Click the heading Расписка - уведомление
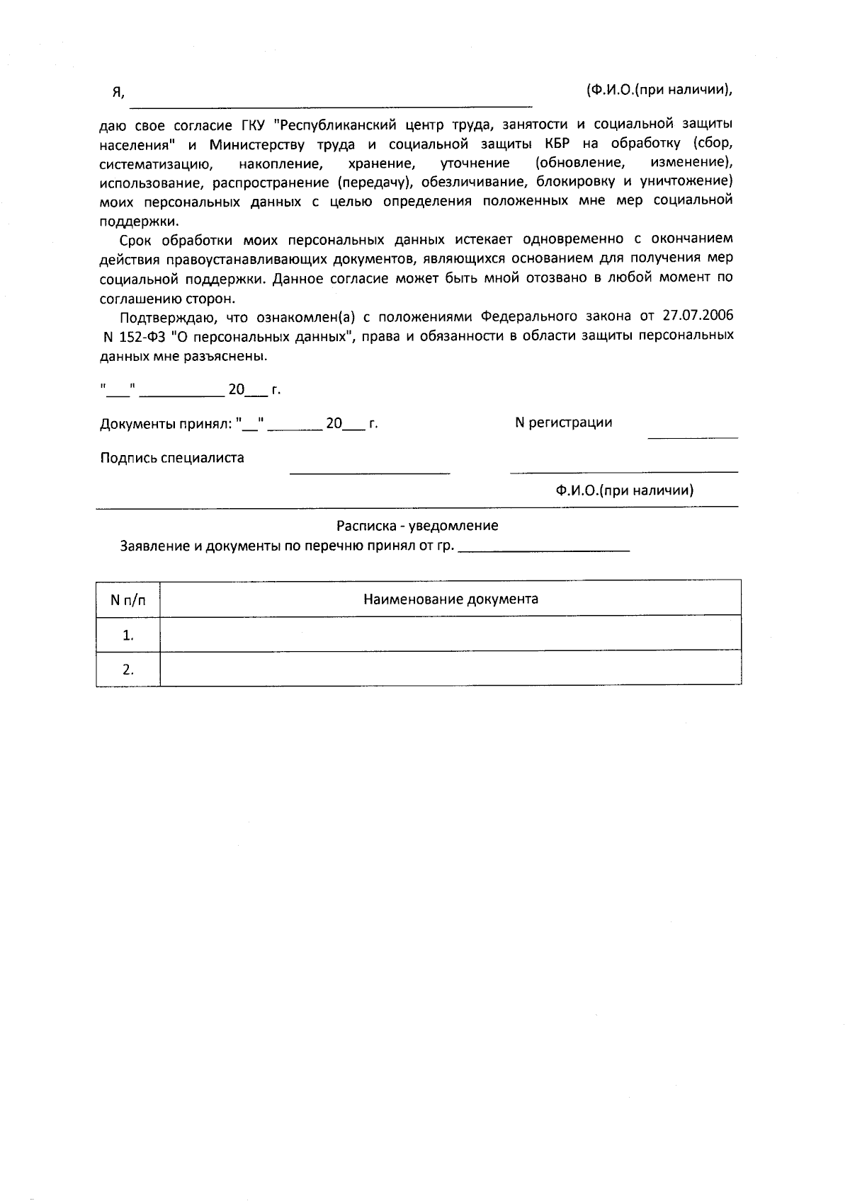(x=416, y=526)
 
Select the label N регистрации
(x=563, y=423)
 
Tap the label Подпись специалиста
(x=172, y=458)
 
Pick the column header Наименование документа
(x=450, y=599)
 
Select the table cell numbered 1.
(x=128, y=635)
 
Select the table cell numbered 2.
(x=128, y=670)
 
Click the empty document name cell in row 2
(x=450, y=669)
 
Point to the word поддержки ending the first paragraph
(x=138, y=220)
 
